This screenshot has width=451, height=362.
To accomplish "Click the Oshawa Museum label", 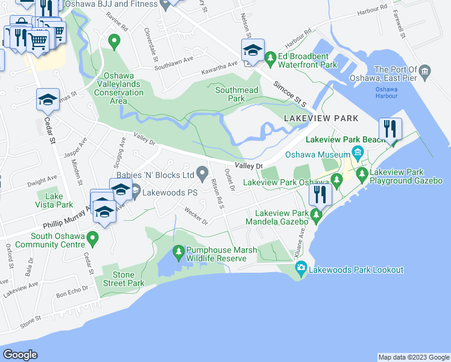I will pyautogui.click(x=319, y=154).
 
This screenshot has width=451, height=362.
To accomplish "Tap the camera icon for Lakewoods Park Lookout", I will pyautogui.click(x=302, y=269).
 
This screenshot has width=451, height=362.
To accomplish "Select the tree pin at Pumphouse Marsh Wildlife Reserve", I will pyautogui.click(x=178, y=250).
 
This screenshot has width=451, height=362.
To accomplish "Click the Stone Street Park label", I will pyautogui.click(x=128, y=279).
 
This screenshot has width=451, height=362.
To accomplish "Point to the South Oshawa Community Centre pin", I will pyautogui.click(x=92, y=240).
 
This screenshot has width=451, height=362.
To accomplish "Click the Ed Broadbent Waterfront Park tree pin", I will pyautogui.click(x=271, y=59).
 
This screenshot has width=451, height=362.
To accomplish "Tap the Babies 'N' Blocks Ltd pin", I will pyautogui.click(x=203, y=174).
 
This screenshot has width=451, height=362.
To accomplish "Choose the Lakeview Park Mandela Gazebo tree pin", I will pyautogui.click(x=315, y=214).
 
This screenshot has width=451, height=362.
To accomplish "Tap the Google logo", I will pyautogui.click(x=20, y=355).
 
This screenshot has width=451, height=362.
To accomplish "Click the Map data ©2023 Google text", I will pyautogui.click(x=413, y=357).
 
